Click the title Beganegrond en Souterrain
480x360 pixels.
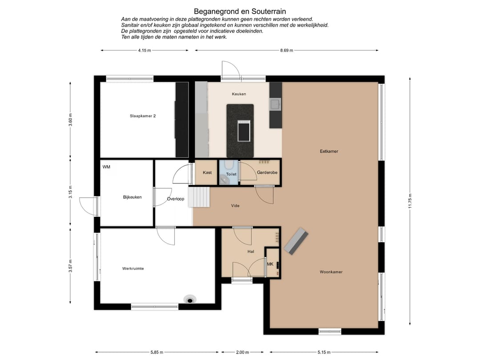pyautogui.click(x=240, y=11)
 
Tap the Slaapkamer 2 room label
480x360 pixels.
pyautogui.click(x=143, y=116)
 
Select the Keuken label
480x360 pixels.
pyautogui.click(x=239, y=94)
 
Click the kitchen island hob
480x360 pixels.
pyautogui.click(x=244, y=131)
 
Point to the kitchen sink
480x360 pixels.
pyautogui.click(x=275, y=104)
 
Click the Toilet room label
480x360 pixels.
pyautogui.click(x=231, y=174)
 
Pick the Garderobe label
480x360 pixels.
pyautogui.click(x=267, y=172)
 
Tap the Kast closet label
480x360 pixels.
pyautogui.click(x=207, y=172)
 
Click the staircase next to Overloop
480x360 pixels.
pyautogui.click(x=199, y=197)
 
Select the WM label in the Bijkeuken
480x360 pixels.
pyautogui.click(x=106, y=167)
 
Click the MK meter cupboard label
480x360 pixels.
pyautogui.click(x=270, y=264)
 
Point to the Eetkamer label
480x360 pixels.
pyautogui.click(x=329, y=151)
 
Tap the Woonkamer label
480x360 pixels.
pyautogui.click(x=331, y=272)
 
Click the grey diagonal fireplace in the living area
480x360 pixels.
pyautogui.click(x=296, y=241)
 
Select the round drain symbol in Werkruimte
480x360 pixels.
pyautogui.click(x=190, y=300)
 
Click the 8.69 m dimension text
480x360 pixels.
pyautogui.click(x=287, y=51)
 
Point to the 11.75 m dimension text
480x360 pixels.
pyautogui.click(x=410, y=201)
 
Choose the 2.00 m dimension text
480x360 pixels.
pyautogui.click(x=243, y=352)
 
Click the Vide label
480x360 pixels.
pyautogui.click(x=235, y=206)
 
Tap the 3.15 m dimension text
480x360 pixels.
pyautogui.click(x=70, y=192)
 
